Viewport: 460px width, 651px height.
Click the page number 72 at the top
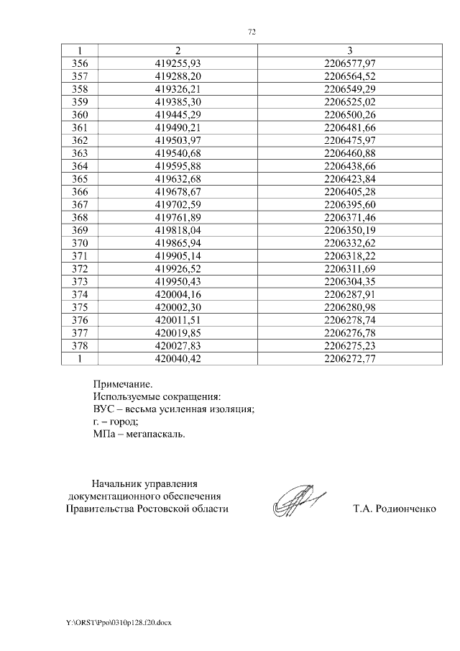252,32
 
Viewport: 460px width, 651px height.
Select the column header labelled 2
178,50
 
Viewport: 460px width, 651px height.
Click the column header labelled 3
350,50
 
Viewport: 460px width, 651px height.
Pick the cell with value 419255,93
178,63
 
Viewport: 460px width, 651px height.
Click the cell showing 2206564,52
350,76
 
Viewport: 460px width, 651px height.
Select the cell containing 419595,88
178,163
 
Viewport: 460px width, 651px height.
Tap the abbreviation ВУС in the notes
104,409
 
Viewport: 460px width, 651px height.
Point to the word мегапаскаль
155,434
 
